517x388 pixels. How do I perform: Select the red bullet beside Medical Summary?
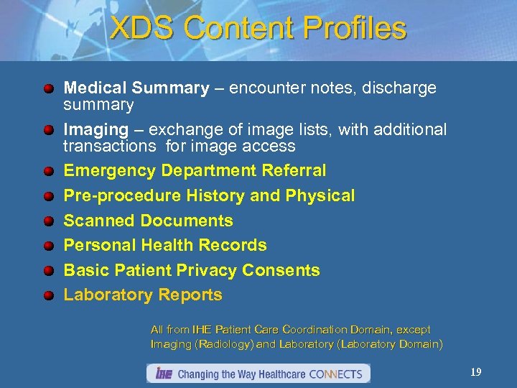(48, 89)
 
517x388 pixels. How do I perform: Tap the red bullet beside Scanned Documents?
(48, 221)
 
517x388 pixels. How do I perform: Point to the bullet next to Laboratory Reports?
(48, 295)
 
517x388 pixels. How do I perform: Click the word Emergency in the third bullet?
(110, 171)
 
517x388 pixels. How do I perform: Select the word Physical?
(320, 195)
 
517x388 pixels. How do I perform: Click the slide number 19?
(475, 372)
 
